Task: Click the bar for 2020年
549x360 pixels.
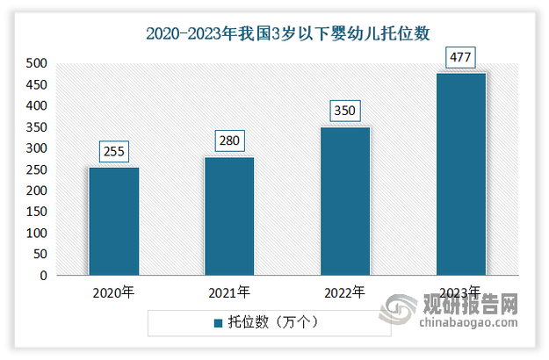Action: (113, 221)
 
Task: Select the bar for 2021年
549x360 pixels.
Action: (229, 216)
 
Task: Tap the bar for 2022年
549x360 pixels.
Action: (345, 201)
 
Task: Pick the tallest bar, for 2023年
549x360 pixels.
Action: (461, 174)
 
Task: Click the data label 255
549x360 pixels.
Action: (113, 152)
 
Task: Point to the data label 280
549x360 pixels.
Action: (229, 141)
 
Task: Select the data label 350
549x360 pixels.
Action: (345, 112)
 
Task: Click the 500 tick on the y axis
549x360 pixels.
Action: (36, 63)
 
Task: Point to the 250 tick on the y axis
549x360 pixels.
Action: (36, 169)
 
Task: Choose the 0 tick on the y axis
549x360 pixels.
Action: (43, 276)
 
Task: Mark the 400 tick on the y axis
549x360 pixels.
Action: (36, 105)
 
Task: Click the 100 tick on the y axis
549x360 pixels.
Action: (36, 234)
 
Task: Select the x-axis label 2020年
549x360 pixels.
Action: (113, 292)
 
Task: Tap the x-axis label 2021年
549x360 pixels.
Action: (229, 292)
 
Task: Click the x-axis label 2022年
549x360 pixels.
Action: (345, 292)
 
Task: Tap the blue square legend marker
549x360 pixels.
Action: (220, 324)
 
